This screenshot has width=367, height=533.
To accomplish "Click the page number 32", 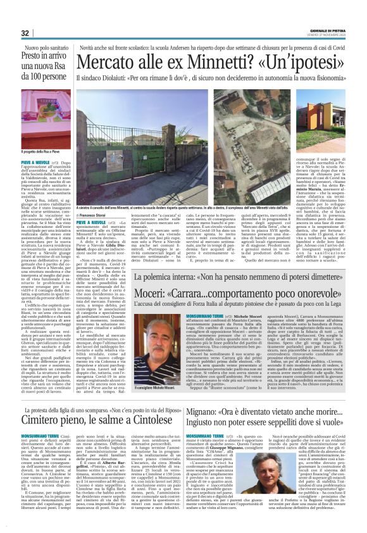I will pos(25,33).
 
